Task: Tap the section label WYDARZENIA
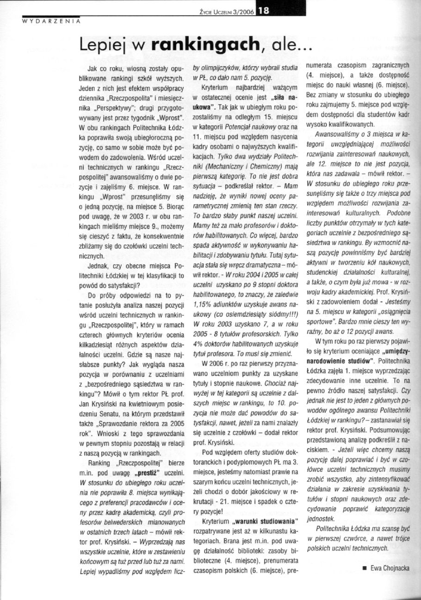(51, 21)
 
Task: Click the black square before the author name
(365, 568)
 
